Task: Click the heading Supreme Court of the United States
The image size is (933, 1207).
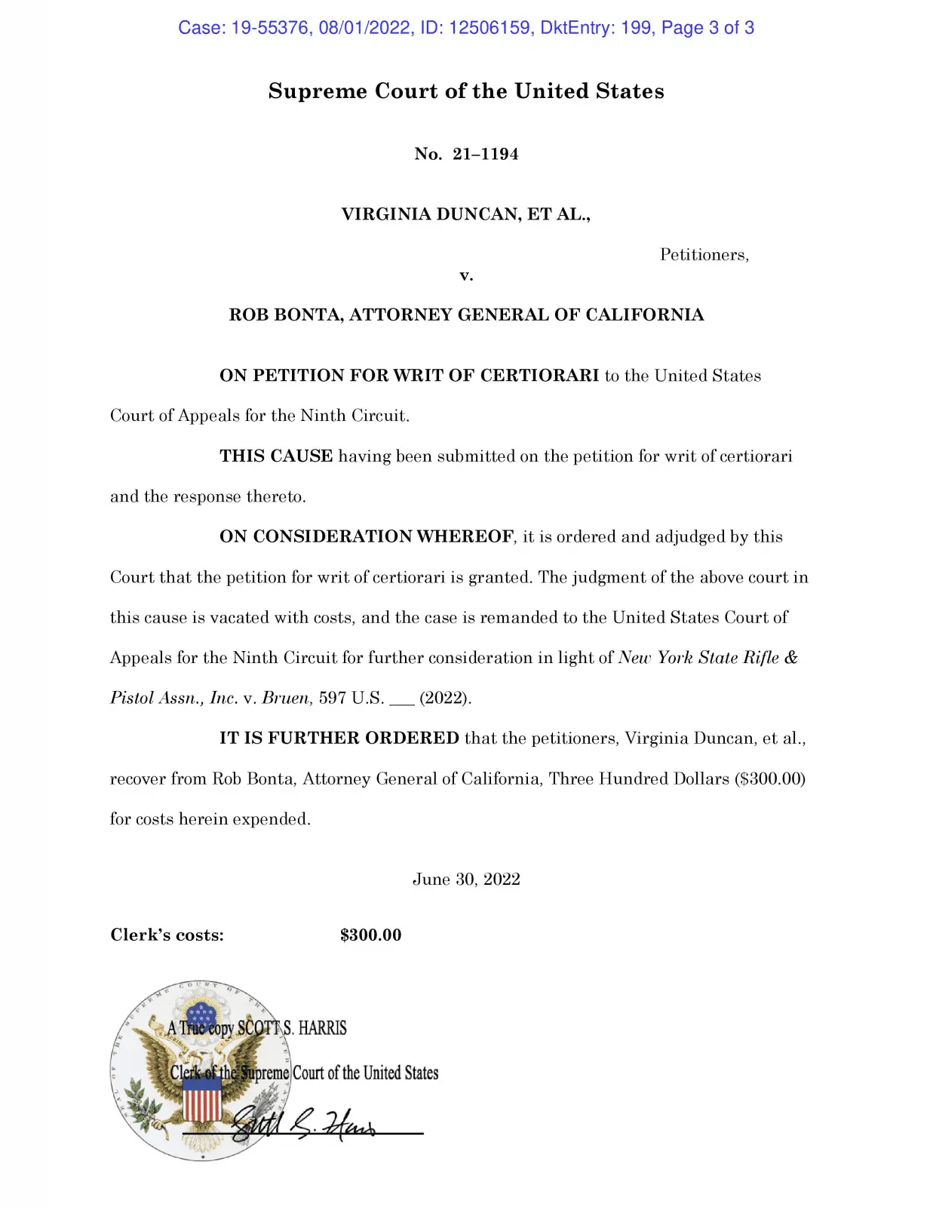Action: click(466, 91)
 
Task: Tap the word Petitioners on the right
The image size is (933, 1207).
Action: click(703, 255)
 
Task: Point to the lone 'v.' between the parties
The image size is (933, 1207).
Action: click(466, 275)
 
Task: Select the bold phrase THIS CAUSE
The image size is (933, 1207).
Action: click(276, 456)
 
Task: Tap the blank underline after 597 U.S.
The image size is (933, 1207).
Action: click(401, 700)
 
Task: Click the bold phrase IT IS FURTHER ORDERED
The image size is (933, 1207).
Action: click(339, 739)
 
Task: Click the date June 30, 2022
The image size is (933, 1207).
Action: click(466, 880)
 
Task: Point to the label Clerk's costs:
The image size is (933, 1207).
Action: click(167, 935)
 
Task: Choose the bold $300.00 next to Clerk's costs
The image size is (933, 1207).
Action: click(370, 935)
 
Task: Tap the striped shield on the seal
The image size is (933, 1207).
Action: click(202, 1098)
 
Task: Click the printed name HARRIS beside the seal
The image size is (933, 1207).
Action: click(322, 1028)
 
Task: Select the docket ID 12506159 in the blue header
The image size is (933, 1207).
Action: click(490, 29)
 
